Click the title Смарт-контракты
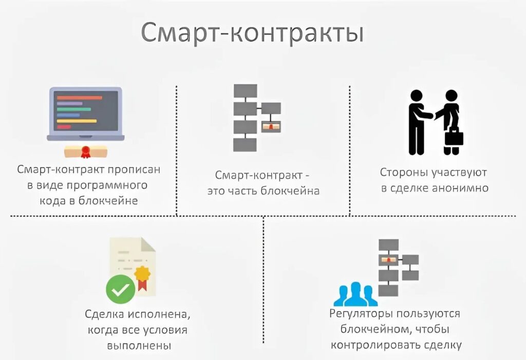(x=252, y=33)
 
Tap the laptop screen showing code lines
(x=85, y=110)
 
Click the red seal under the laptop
(x=85, y=151)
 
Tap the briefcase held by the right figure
(x=454, y=137)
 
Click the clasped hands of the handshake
(x=431, y=115)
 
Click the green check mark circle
(x=121, y=289)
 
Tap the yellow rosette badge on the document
(x=142, y=273)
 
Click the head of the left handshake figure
(x=416, y=97)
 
